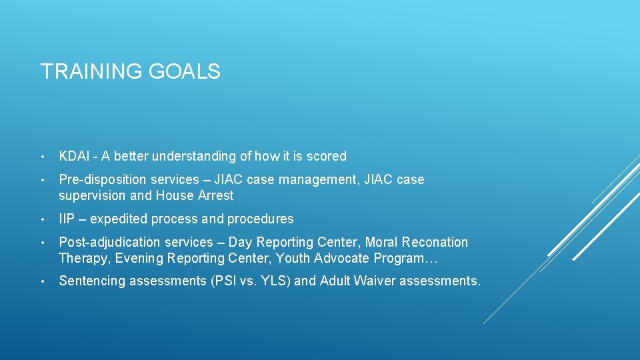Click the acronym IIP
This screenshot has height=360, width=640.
pyautogui.click(x=66, y=219)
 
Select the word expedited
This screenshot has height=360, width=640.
pyautogui.click(x=117, y=219)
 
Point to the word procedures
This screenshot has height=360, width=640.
pyautogui.click(x=261, y=219)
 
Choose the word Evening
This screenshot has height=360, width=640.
pyautogui.click(x=141, y=259)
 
